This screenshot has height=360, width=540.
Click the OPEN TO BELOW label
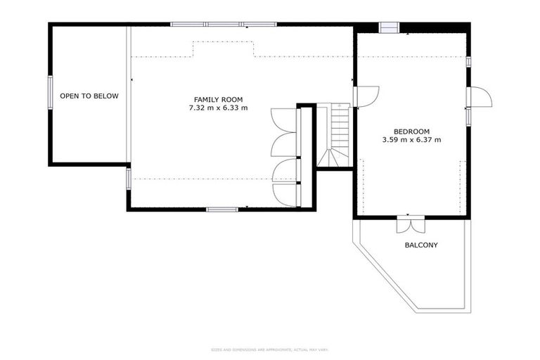pos(89,96)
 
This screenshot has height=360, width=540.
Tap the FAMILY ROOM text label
pos(218,99)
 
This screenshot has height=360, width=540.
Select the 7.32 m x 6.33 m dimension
pos(218,108)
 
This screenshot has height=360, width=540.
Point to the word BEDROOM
pos(411,131)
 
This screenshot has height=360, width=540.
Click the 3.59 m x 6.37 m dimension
pos(411,140)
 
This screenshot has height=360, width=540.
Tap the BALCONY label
pos(421,245)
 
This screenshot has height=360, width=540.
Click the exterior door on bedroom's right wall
pos(480,97)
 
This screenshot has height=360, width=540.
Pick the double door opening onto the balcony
pos(411,224)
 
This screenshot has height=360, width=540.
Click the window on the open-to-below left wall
pos(50,92)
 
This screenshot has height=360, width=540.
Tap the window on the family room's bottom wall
pos(222,209)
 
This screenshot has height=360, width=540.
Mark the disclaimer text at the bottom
pos(270,349)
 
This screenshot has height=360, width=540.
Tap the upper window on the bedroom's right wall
pos(468,62)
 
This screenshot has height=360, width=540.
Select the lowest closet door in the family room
pos(284,194)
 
